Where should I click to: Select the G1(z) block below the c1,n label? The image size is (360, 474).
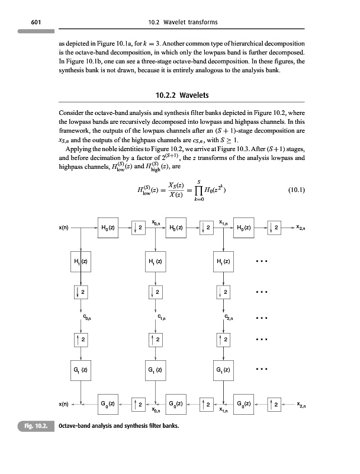tap(156, 373)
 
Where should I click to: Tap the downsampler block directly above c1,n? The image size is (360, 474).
tap(156, 292)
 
